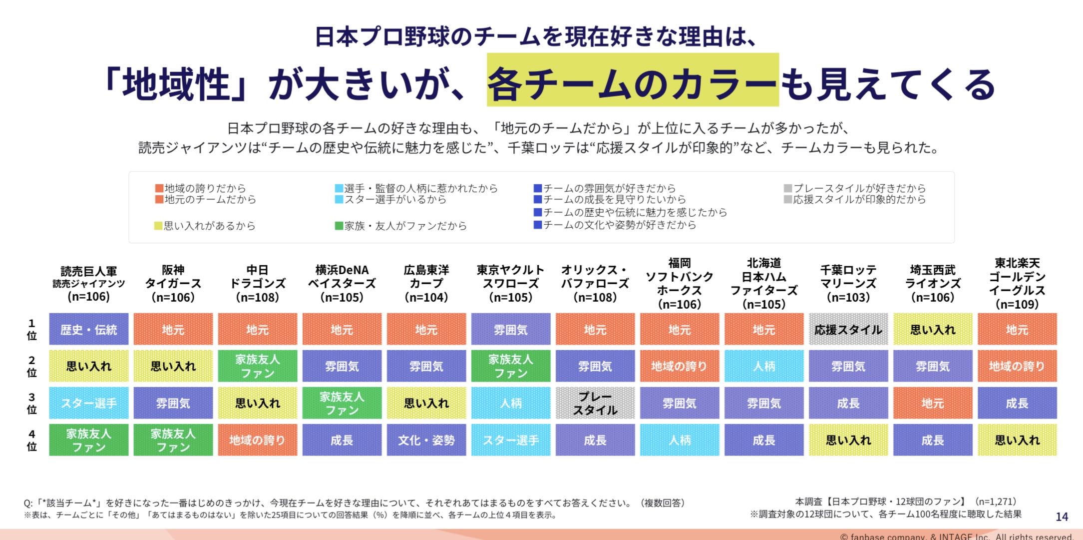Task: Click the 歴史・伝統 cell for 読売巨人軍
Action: coord(88,329)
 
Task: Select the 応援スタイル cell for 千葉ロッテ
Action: coord(848,329)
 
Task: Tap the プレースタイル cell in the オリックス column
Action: coord(595,403)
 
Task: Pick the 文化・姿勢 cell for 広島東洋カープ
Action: coord(426,440)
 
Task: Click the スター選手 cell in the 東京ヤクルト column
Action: coord(510,440)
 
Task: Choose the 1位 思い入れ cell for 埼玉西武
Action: coord(932,329)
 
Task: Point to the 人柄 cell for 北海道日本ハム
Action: coord(763,366)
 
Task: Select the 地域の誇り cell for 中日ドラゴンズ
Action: coord(257,440)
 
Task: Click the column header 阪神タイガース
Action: coord(173,283)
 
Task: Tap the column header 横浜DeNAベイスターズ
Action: coord(342,283)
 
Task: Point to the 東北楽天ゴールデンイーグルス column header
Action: coord(1017,283)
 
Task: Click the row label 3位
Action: coord(31,403)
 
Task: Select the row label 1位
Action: coord(31,329)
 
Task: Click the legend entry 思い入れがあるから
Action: coord(209,226)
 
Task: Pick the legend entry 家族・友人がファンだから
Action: coord(405,226)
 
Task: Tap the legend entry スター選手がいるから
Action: coord(395,199)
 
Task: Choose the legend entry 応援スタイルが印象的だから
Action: coord(859,199)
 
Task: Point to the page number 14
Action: coord(1062,517)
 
